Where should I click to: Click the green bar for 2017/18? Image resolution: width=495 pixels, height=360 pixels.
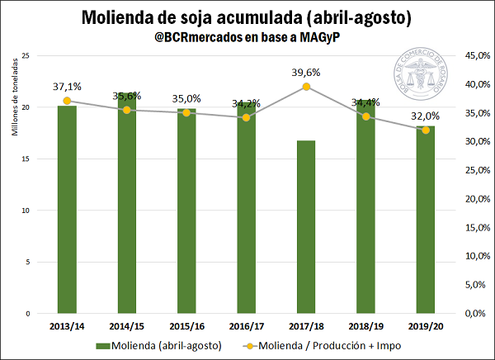coord(306,227)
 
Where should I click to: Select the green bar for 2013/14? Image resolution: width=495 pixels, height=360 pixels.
coord(67,210)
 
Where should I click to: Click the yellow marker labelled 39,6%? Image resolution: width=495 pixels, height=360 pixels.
coord(306,87)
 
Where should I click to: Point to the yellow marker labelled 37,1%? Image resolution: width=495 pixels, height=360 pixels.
coord(67,101)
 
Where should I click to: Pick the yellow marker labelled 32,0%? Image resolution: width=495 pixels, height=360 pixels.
coord(426,130)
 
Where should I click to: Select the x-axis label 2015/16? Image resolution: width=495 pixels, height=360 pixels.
coord(186,325)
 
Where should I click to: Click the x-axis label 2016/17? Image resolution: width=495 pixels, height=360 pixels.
coord(246,325)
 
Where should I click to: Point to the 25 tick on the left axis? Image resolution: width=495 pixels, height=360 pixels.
coord(26,55)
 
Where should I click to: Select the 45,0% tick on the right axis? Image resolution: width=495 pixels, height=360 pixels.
coord(473,55)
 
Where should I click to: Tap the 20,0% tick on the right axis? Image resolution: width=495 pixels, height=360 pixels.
coord(473,199)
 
